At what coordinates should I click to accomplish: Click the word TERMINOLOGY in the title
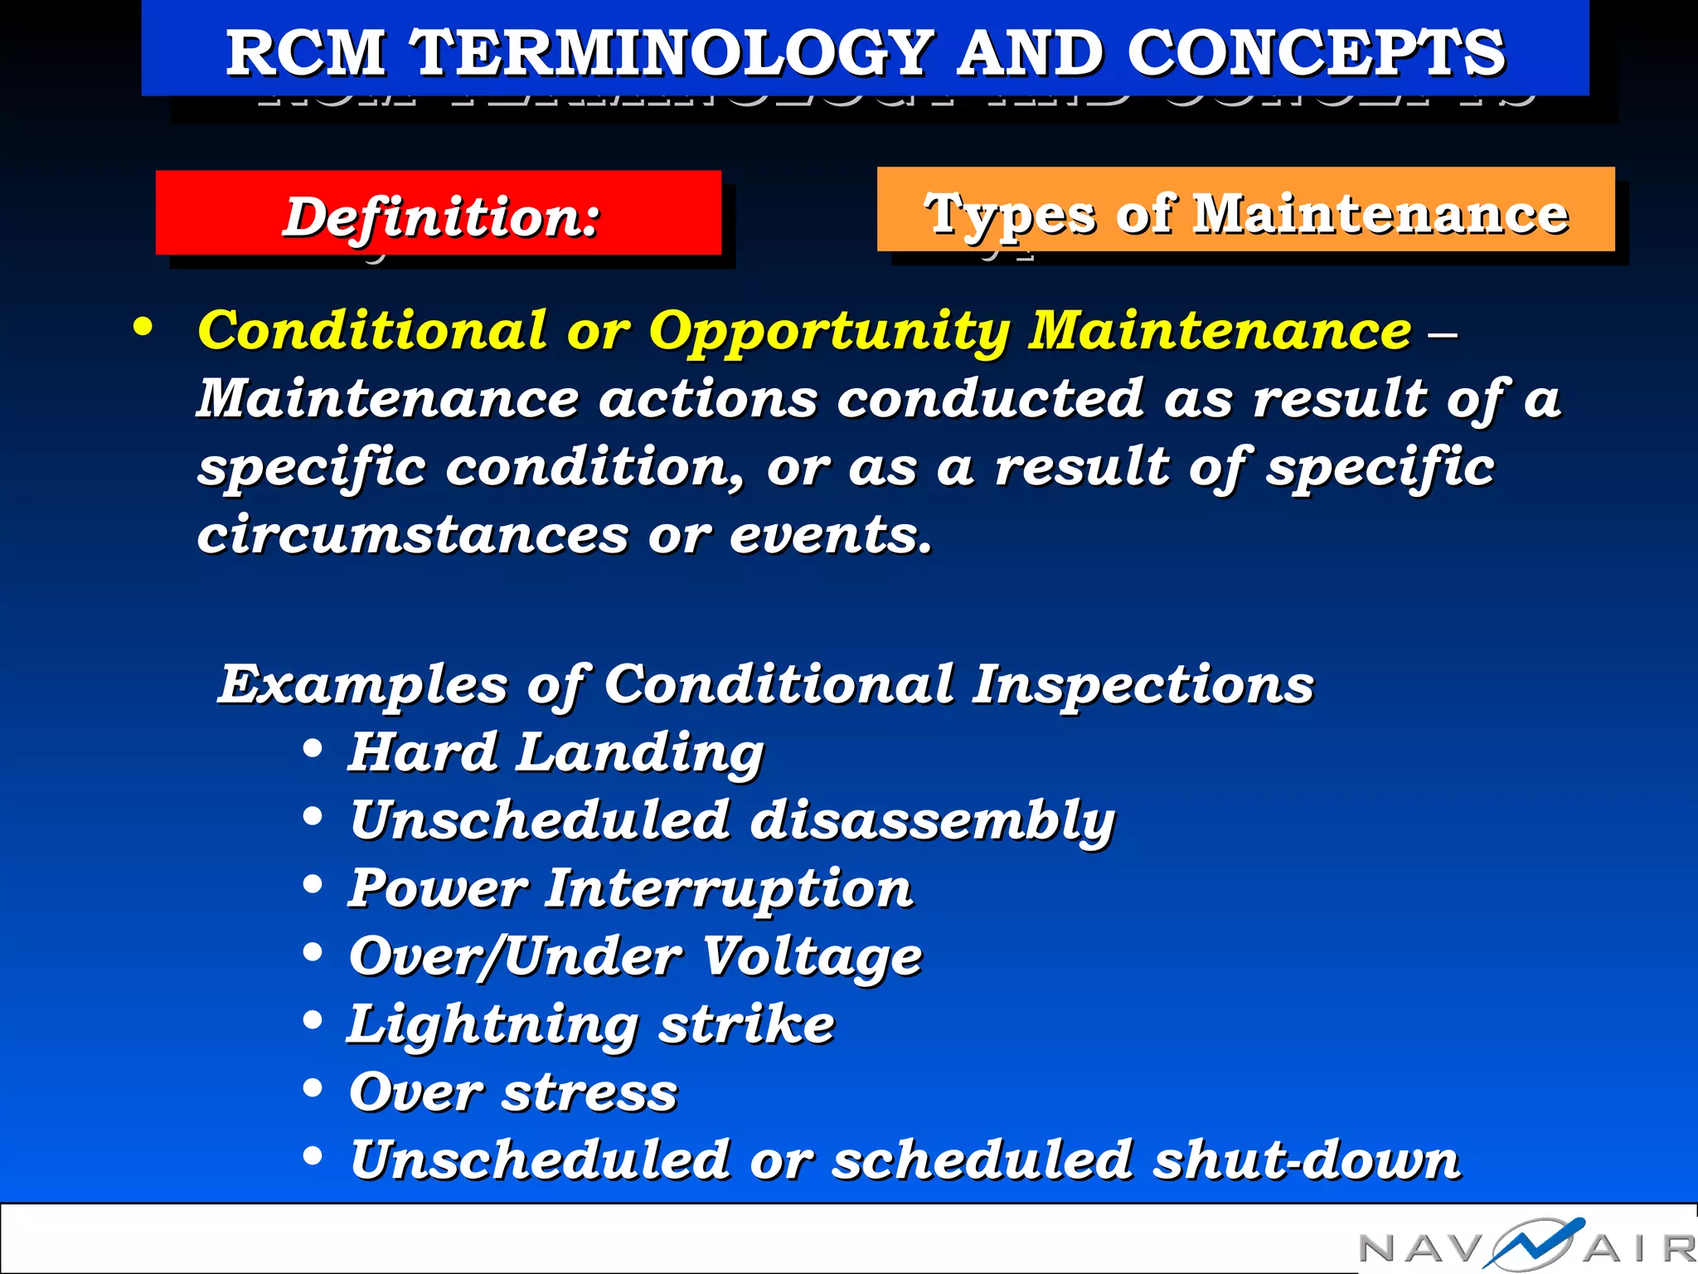click(673, 52)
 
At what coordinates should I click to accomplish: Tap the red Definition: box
click(439, 215)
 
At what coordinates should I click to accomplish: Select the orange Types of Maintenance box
click(1245, 211)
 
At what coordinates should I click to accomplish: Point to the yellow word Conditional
click(373, 331)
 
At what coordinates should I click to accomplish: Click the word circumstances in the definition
click(412, 534)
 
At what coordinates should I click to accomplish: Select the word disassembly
click(932, 820)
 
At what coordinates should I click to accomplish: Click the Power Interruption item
click(630, 888)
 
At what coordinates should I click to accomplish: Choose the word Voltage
click(813, 956)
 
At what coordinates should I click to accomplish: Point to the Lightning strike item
click(590, 1024)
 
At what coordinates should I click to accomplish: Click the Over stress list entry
click(513, 1092)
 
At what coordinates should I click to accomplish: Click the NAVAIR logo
click(1526, 1244)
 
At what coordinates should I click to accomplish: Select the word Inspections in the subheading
click(1143, 685)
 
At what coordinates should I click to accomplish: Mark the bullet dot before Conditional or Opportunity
click(143, 327)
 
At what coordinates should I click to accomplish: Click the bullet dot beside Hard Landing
click(313, 749)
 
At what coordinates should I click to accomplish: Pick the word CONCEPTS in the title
click(1315, 52)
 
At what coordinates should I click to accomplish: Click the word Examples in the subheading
click(362, 685)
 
